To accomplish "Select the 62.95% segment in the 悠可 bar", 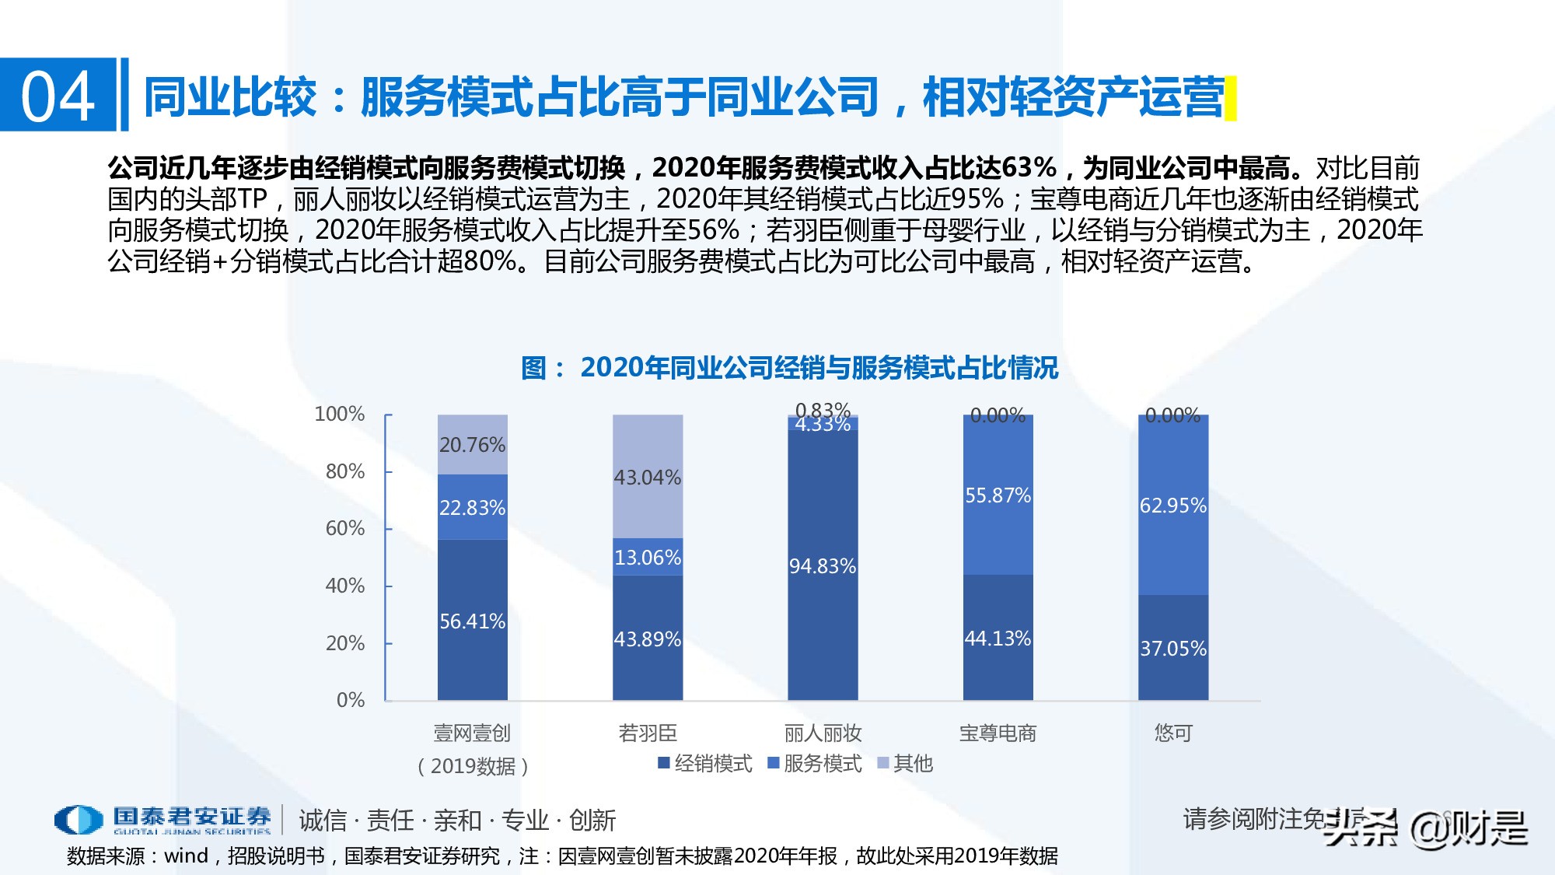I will [x=1172, y=506].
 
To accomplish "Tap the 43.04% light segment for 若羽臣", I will [x=647, y=476].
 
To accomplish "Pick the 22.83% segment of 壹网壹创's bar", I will [x=472, y=507].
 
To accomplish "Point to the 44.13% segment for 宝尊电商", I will [x=998, y=638].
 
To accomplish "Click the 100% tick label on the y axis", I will [x=339, y=414].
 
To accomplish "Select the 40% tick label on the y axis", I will [x=344, y=586].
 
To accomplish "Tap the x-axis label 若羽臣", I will [x=647, y=733].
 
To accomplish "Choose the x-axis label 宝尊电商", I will [x=998, y=733].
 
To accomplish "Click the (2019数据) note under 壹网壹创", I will [x=473, y=766].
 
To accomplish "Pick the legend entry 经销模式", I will [x=705, y=763].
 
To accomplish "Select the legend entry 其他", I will [x=905, y=763].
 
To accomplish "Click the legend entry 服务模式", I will [x=815, y=763].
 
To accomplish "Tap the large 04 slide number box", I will [x=58, y=96].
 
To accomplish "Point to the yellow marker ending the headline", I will [x=1230, y=98].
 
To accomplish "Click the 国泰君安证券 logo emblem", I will [x=79, y=820].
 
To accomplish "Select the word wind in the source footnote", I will [x=187, y=856].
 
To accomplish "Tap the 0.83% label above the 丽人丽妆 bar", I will [x=823, y=409].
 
